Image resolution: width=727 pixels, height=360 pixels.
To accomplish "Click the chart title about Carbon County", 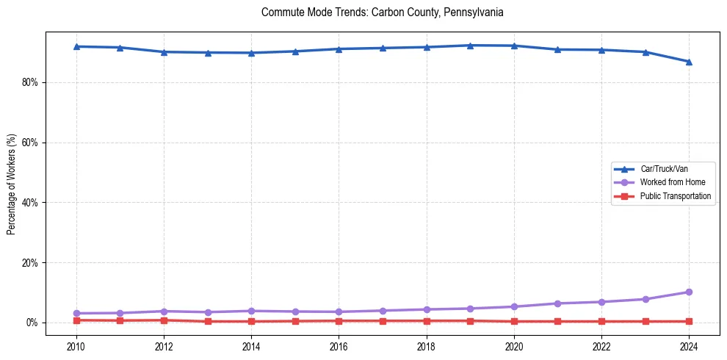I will [382, 12].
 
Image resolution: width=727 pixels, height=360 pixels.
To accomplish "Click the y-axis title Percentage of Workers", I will [12, 184].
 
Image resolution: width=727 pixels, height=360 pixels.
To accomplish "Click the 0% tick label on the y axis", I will [32, 323].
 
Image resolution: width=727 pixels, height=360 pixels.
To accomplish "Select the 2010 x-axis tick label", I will [76, 345].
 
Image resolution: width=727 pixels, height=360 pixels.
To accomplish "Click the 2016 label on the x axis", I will [339, 345].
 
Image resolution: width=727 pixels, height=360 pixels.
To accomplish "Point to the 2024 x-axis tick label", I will [689, 345].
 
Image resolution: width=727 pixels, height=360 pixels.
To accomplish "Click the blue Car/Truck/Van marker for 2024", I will [689, 62].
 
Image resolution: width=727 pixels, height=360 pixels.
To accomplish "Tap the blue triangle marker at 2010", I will [76, 46].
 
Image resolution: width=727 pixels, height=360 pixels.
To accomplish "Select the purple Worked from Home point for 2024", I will [689, 292].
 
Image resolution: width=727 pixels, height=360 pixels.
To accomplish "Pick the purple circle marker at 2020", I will [514, 306].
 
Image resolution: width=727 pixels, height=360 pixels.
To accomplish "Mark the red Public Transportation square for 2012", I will [164, 320].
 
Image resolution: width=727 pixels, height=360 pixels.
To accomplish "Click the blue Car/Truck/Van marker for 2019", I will [470, 46].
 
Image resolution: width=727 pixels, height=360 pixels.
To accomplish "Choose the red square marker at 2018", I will [427, 321].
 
